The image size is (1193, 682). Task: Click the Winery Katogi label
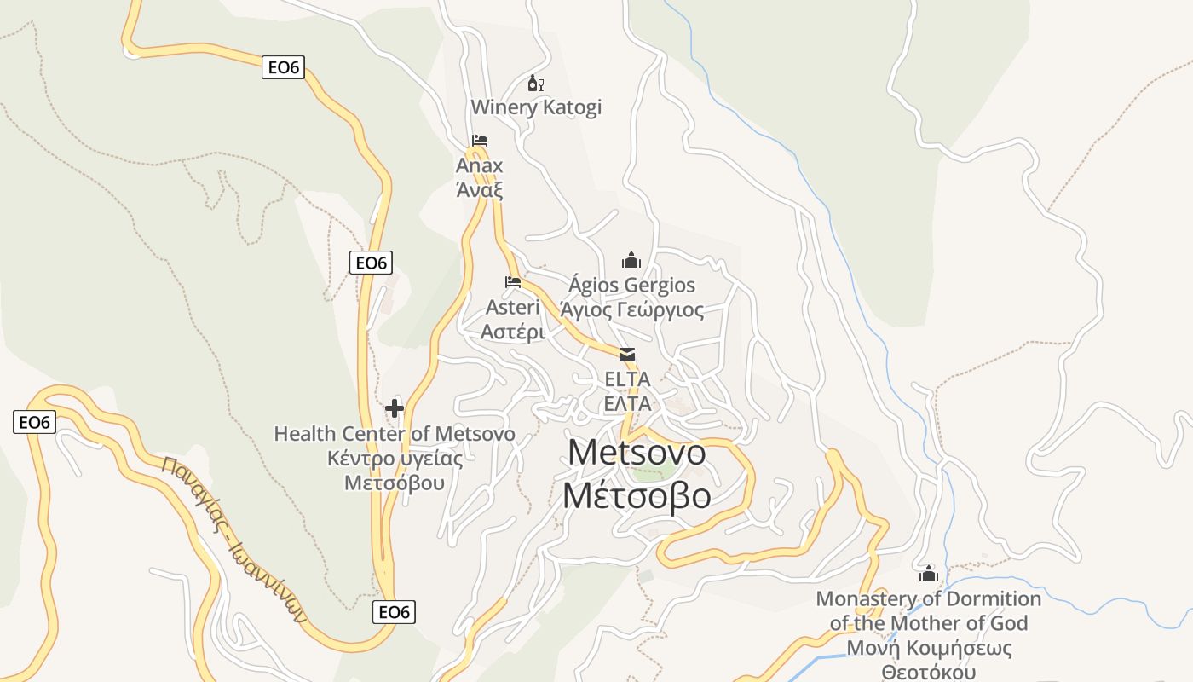click(536, 107)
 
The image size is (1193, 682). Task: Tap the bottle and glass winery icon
click(535, 84)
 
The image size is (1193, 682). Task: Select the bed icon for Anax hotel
click(480, 141)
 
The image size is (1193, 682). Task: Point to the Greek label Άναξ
click(480, 189)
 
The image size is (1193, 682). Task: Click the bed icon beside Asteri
click(512, 281)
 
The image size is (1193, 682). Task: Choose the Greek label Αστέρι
click(513, 332)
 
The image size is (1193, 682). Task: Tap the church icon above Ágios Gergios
click(631, 260)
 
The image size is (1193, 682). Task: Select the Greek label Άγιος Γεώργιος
click(631, 309)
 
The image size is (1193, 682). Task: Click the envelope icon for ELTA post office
click(627, 355)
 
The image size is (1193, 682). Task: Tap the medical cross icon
click(394, 409)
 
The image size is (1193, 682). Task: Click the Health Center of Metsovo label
click(395, 434)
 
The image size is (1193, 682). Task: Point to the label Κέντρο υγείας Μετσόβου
click(395, 471)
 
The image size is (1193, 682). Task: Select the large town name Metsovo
click(637, 452)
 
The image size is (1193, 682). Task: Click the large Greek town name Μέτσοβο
click(637, 495)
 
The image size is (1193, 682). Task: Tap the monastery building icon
click(929, 574)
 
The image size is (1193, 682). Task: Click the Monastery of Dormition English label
click(929, 610)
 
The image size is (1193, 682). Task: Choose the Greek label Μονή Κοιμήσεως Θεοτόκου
click(929, 661)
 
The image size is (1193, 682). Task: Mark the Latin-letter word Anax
click(480, 165)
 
